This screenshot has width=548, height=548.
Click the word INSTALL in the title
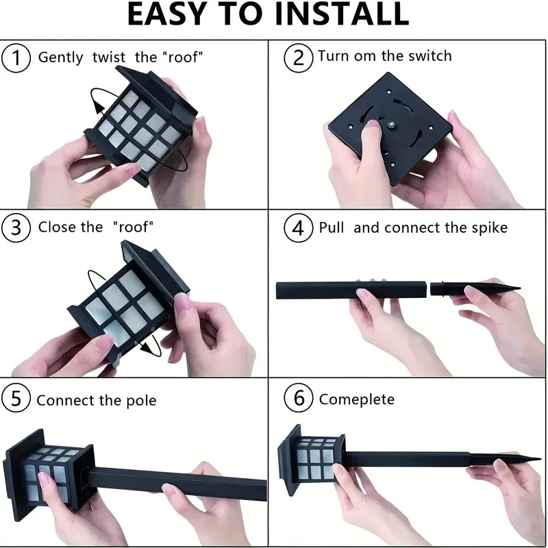coord(342,14)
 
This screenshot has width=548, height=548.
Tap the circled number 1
coord(16,58)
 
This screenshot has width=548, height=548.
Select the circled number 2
coord(298,58)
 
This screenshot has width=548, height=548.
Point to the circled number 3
coord(16,228)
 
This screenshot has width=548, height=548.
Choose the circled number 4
coord(298,228)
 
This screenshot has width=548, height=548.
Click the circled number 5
coord(15,399)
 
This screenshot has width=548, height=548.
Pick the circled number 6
coord(298,398)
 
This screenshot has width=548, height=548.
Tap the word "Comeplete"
coord(357,399)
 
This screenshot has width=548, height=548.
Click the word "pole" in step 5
coord(141,401)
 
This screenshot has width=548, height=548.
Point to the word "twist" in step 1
coord(109,58)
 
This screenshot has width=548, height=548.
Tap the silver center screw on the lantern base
coord(391,125)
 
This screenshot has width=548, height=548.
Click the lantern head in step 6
coord(311,460)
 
